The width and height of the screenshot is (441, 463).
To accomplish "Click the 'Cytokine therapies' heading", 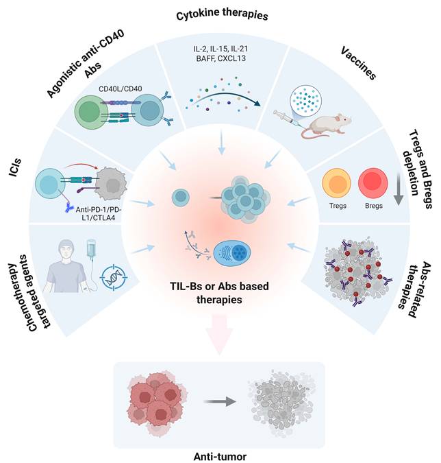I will pyautogui.click(x=221, y=14).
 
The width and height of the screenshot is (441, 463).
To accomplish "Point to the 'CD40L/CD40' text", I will pyautogui.click(x=121, y=88).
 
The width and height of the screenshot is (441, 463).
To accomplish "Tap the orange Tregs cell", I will pyautogui.click(x=338, y=183).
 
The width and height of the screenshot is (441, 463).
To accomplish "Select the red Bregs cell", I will pyautogui.click(x=374, y=183).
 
